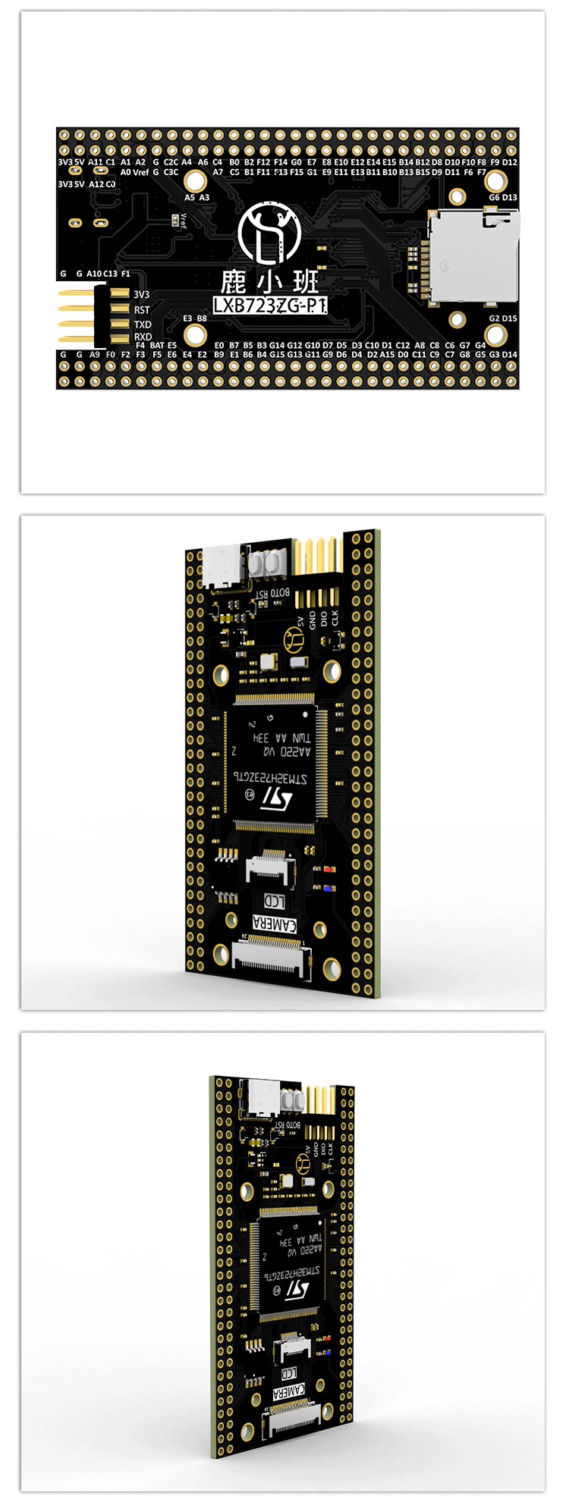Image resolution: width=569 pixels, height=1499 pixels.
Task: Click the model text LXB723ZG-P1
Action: point(269,306)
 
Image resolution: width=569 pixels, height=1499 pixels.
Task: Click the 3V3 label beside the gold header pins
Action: point(142,294)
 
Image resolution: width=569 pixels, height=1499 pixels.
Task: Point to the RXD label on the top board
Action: point(143,337)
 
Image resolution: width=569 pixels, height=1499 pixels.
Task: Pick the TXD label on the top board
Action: point(143,324)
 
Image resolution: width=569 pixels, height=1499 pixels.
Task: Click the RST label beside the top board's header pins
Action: point(142,309)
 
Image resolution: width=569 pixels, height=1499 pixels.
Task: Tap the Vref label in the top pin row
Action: point(140,172)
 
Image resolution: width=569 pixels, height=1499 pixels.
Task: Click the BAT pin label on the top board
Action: point(157,345)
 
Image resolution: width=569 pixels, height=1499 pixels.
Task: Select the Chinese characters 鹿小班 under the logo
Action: point(269,283)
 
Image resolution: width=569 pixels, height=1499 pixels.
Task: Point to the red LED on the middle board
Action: point(329,869)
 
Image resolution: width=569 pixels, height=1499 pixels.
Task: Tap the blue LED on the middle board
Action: point(329,887)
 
